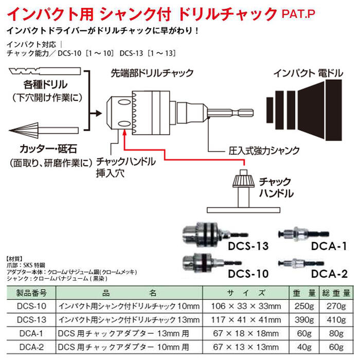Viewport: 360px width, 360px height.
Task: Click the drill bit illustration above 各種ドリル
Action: (41, 70)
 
